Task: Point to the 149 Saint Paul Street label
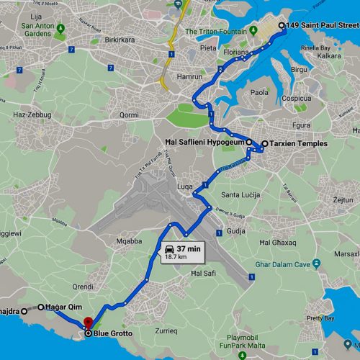pos(321,26)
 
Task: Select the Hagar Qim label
pos(66,307)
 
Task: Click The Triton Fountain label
pos(217,32)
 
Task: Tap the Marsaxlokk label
pos(348,253)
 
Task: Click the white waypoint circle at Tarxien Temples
pos(264,144)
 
